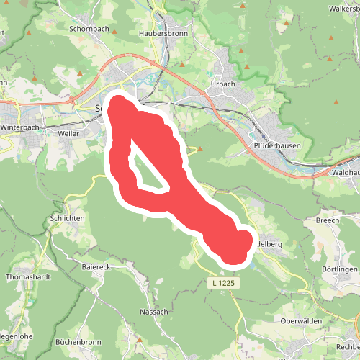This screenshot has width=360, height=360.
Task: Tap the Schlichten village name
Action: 68,218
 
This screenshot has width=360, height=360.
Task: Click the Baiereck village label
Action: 96,266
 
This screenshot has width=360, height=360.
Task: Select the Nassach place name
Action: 153,312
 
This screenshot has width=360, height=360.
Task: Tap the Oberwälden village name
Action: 300,320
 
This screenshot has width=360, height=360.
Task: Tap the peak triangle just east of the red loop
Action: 200,149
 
